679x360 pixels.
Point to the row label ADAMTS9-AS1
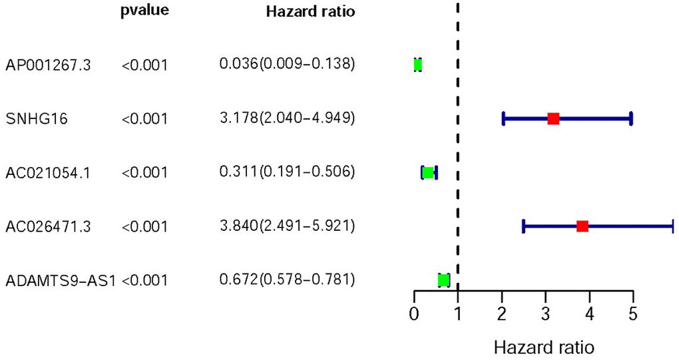pyautogui.click(x=61, y=281)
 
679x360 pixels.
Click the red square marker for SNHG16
pyautogui.click(x=553, y=119)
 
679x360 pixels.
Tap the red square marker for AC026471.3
pyautogui.click(x=582, y=226)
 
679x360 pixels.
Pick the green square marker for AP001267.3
pyautogui.click(x=417, y=65)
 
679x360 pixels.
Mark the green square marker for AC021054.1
pyautogui.click(x=429, y=172)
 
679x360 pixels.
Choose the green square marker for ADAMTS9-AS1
pyautogui.click(x=444, y=280)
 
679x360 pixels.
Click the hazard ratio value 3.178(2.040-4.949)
pyautogui.click(x=287, y=119)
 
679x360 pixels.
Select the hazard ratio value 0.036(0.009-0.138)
pyautogui.click(x=287, y=65)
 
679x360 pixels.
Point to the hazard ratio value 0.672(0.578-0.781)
pyautogui.click(x=287, y=280)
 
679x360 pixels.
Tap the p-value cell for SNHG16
pyautogui.click(x=145, y=119)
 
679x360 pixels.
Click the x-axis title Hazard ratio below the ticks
pyautogui.click(x=544, y=347)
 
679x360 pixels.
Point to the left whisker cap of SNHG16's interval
pyautogui.click(x=503, y=119)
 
